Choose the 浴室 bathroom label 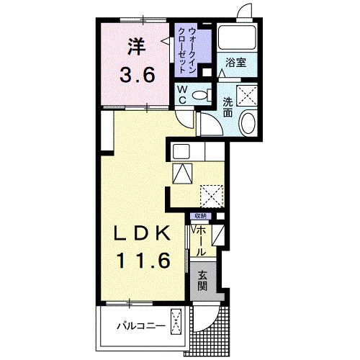tap(235, 63)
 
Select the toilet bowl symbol tap(202, 95)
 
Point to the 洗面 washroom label tap(228, 107)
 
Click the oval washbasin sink tap(248, 124)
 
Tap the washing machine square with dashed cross tap(249, 93)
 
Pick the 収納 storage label tap(199, 215)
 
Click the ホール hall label tap(201, 240)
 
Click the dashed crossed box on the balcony tap(177, 318)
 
